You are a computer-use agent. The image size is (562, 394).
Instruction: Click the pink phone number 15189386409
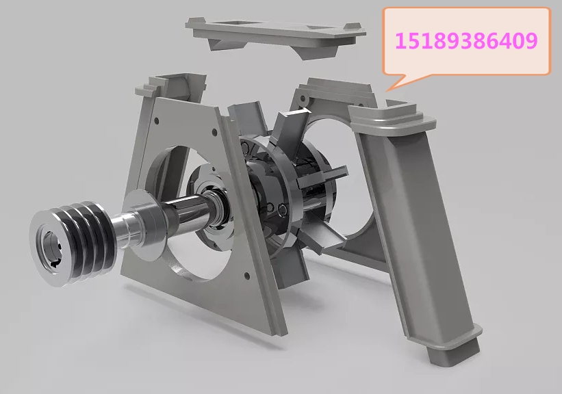[466, 41]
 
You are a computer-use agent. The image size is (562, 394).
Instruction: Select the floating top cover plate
[275, 35]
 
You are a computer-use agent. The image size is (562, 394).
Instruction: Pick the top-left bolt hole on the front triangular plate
[156, 121]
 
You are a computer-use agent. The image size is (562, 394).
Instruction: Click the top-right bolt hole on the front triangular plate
[214, 132]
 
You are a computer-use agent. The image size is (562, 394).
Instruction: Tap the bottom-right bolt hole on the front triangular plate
[246, 276]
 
